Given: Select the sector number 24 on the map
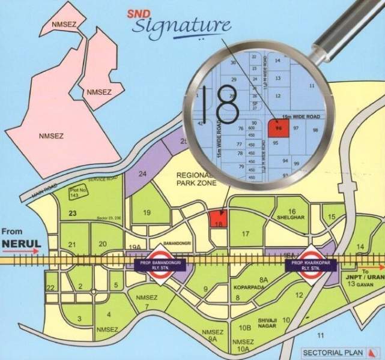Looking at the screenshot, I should (x=143, y=174).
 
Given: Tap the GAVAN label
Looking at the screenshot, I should (x=372, y=283).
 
